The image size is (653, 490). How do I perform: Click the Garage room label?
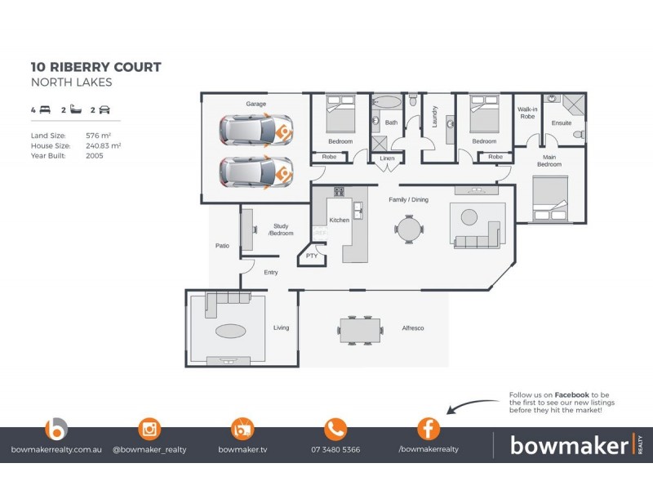[x=256, y=104]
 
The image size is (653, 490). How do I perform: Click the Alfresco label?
[x=412, y=328]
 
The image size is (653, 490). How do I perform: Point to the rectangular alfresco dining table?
[x=360, y=330]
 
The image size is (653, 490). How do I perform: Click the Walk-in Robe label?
[x=527, y=113]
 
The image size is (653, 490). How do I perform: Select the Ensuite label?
[x=562, y=123]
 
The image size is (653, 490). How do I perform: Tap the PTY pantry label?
[x=311, y=256]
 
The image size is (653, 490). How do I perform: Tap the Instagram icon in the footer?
[x=149, y=429]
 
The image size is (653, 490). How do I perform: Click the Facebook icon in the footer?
[x=428, y=429]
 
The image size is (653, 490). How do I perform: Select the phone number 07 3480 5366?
[x=335, y=449]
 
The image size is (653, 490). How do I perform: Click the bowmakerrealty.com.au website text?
[x=55, y=449]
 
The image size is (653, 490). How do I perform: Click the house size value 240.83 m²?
[x=103, y=145]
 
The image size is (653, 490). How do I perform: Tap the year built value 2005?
[x=94, y=154]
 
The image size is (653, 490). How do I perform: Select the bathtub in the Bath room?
[x=386, y=104]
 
